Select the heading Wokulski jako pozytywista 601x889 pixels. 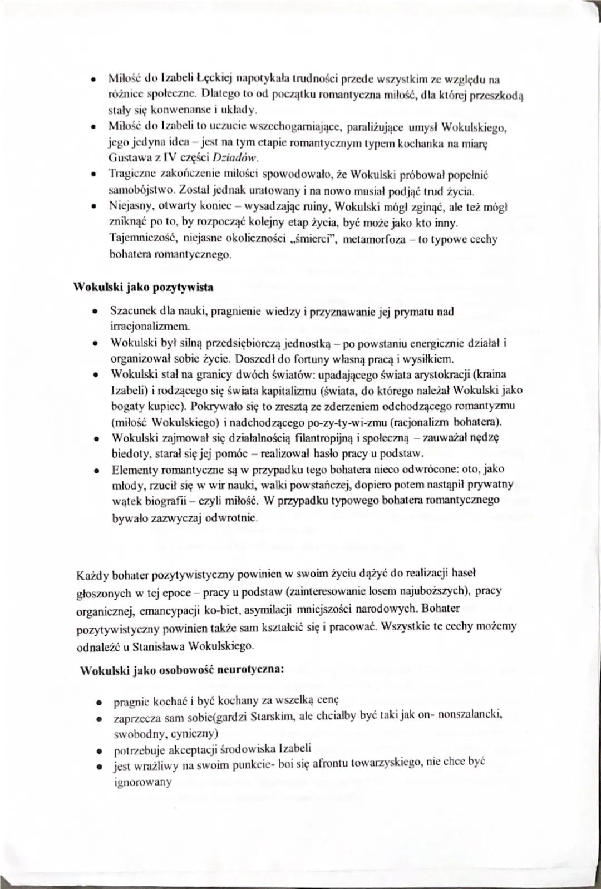(144, 288)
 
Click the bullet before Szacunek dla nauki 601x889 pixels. (97, 311)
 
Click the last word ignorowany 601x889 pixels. (143, 782)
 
